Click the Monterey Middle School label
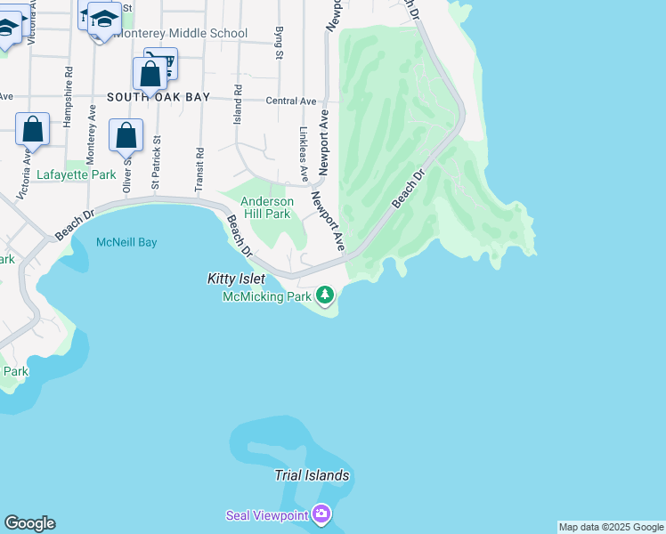pos(181,34)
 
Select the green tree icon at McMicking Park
pos(326,295)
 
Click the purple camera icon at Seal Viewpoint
pos(321,514)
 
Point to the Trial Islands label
pos(312,475)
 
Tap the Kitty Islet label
pos(236,279)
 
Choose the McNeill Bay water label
pos(126,242)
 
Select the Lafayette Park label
pos(77,175)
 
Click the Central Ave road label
pos(291,101)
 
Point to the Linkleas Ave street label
pos(304,152)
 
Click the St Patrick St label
pos(156,162)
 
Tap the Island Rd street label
pos(238,104)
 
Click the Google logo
pos(29,523)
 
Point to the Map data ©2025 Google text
pos(611,527)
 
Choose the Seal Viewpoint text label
pos(267,514)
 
